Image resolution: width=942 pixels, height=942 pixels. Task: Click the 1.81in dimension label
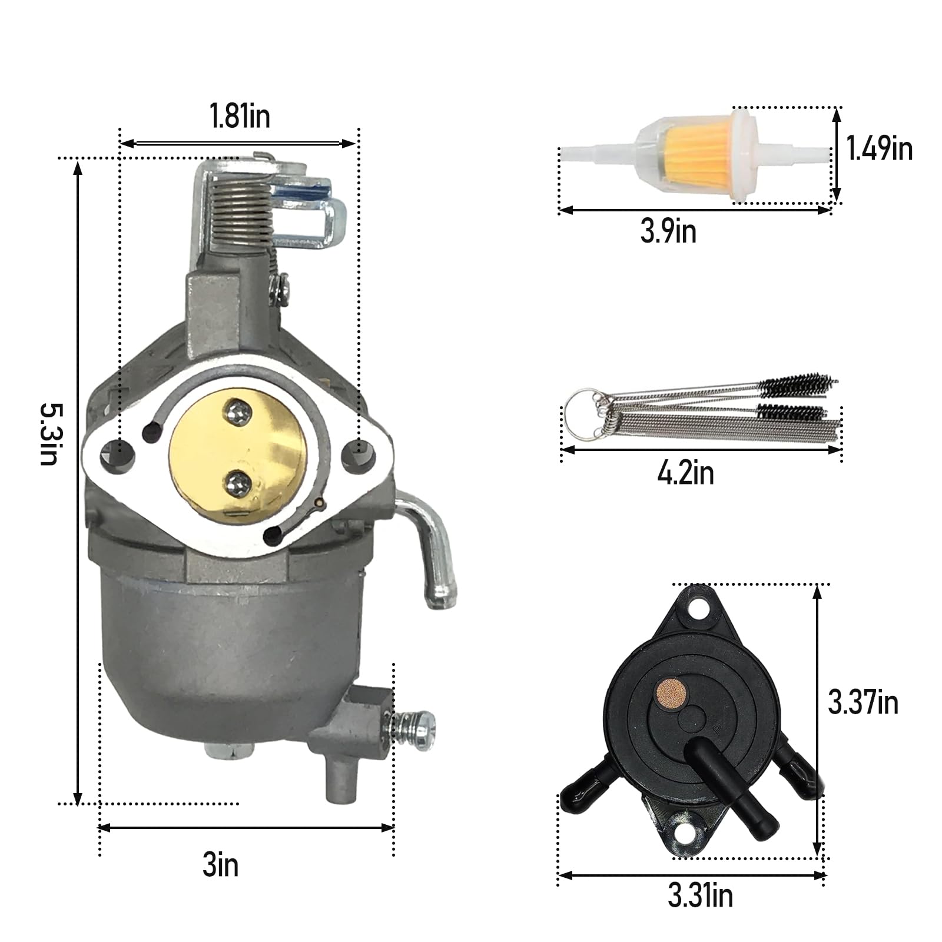[240, 116]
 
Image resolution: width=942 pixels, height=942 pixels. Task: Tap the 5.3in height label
[50, 434]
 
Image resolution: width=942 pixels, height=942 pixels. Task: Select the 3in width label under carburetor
[221, 865]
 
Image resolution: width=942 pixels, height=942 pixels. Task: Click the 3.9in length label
[668, 231]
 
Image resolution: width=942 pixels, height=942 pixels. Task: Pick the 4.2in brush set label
[685, 473]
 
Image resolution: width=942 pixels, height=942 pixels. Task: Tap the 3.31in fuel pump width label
[700, 895]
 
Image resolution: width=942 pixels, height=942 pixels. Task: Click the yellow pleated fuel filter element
[692, 155]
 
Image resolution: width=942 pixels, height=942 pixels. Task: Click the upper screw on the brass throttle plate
[238, 408]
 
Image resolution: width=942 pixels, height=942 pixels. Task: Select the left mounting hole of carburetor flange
[110, 454]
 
